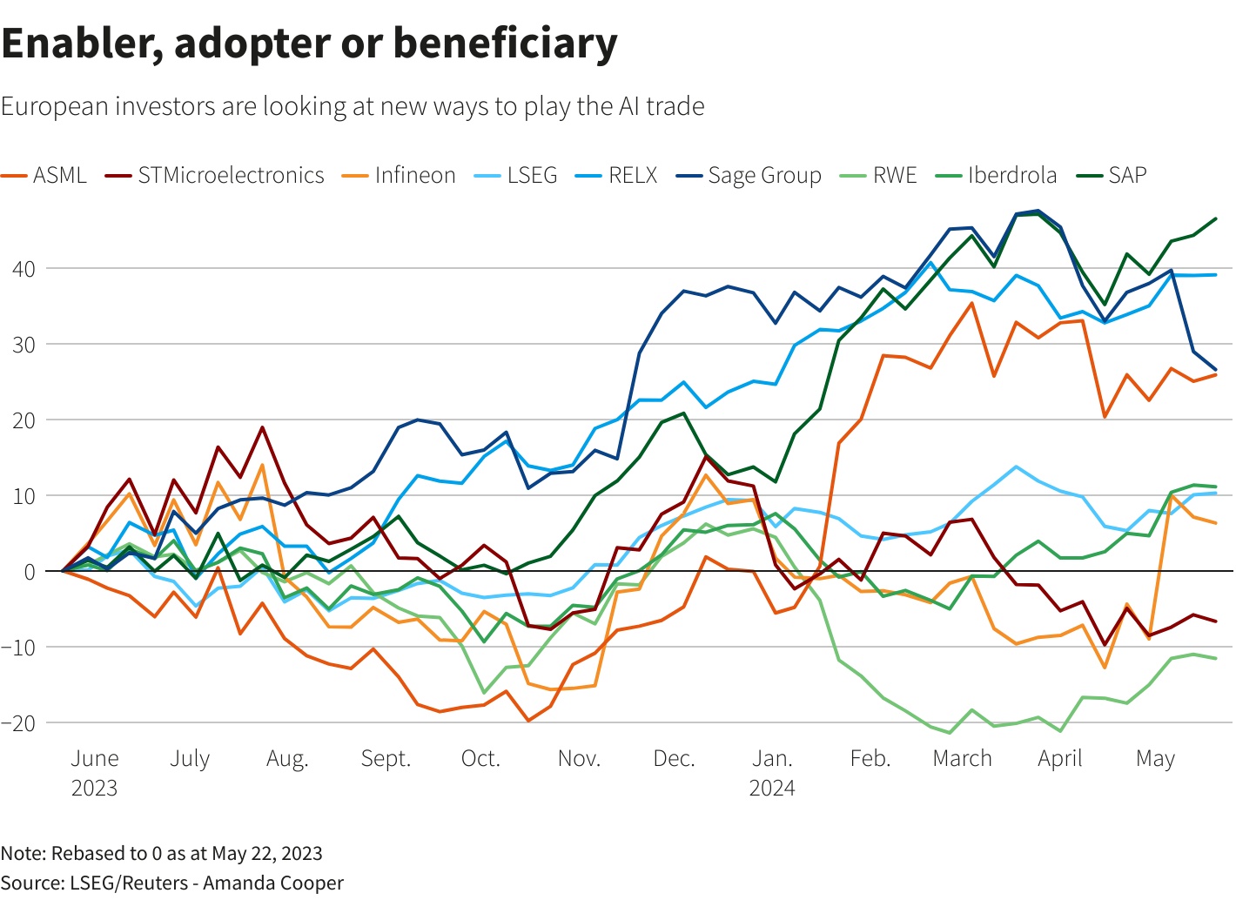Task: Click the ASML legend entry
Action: [x=59, y=175]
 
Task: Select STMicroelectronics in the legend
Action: [x=231, y=175]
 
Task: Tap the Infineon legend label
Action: [x=415, y=175]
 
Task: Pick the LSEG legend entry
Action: [x=532, y=175]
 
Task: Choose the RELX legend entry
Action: [x=633, y=175]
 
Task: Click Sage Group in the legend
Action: [x=764, y=175]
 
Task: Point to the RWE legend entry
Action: [x=895, y=175]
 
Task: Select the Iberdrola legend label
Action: [x=1012, y=175]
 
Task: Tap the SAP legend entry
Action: [x=1127, y=175]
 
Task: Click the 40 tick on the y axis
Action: [x=24, y=269]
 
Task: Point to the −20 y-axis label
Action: [x=19, y=722]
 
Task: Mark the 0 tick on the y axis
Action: [x=30, y=571]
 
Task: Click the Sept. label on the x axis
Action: [x=386, y=758]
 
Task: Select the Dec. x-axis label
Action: [x=675, y=758]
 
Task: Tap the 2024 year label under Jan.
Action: [x=772, y=788]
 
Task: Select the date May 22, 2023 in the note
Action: [x=267, y=853]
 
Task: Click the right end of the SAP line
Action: [x=1216, y=218]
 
